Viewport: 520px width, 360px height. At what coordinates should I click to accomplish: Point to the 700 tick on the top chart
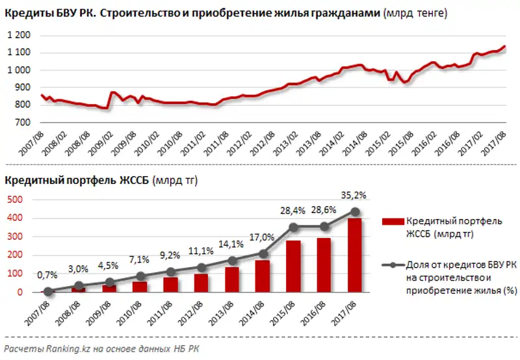pyautogui.click(x=22, y=122)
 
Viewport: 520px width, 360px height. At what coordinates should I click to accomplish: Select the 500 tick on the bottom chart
pyautogui.click(x=14, y=199)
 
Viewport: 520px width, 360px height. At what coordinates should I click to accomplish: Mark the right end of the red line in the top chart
pyautogui.click(x=505, y=46)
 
